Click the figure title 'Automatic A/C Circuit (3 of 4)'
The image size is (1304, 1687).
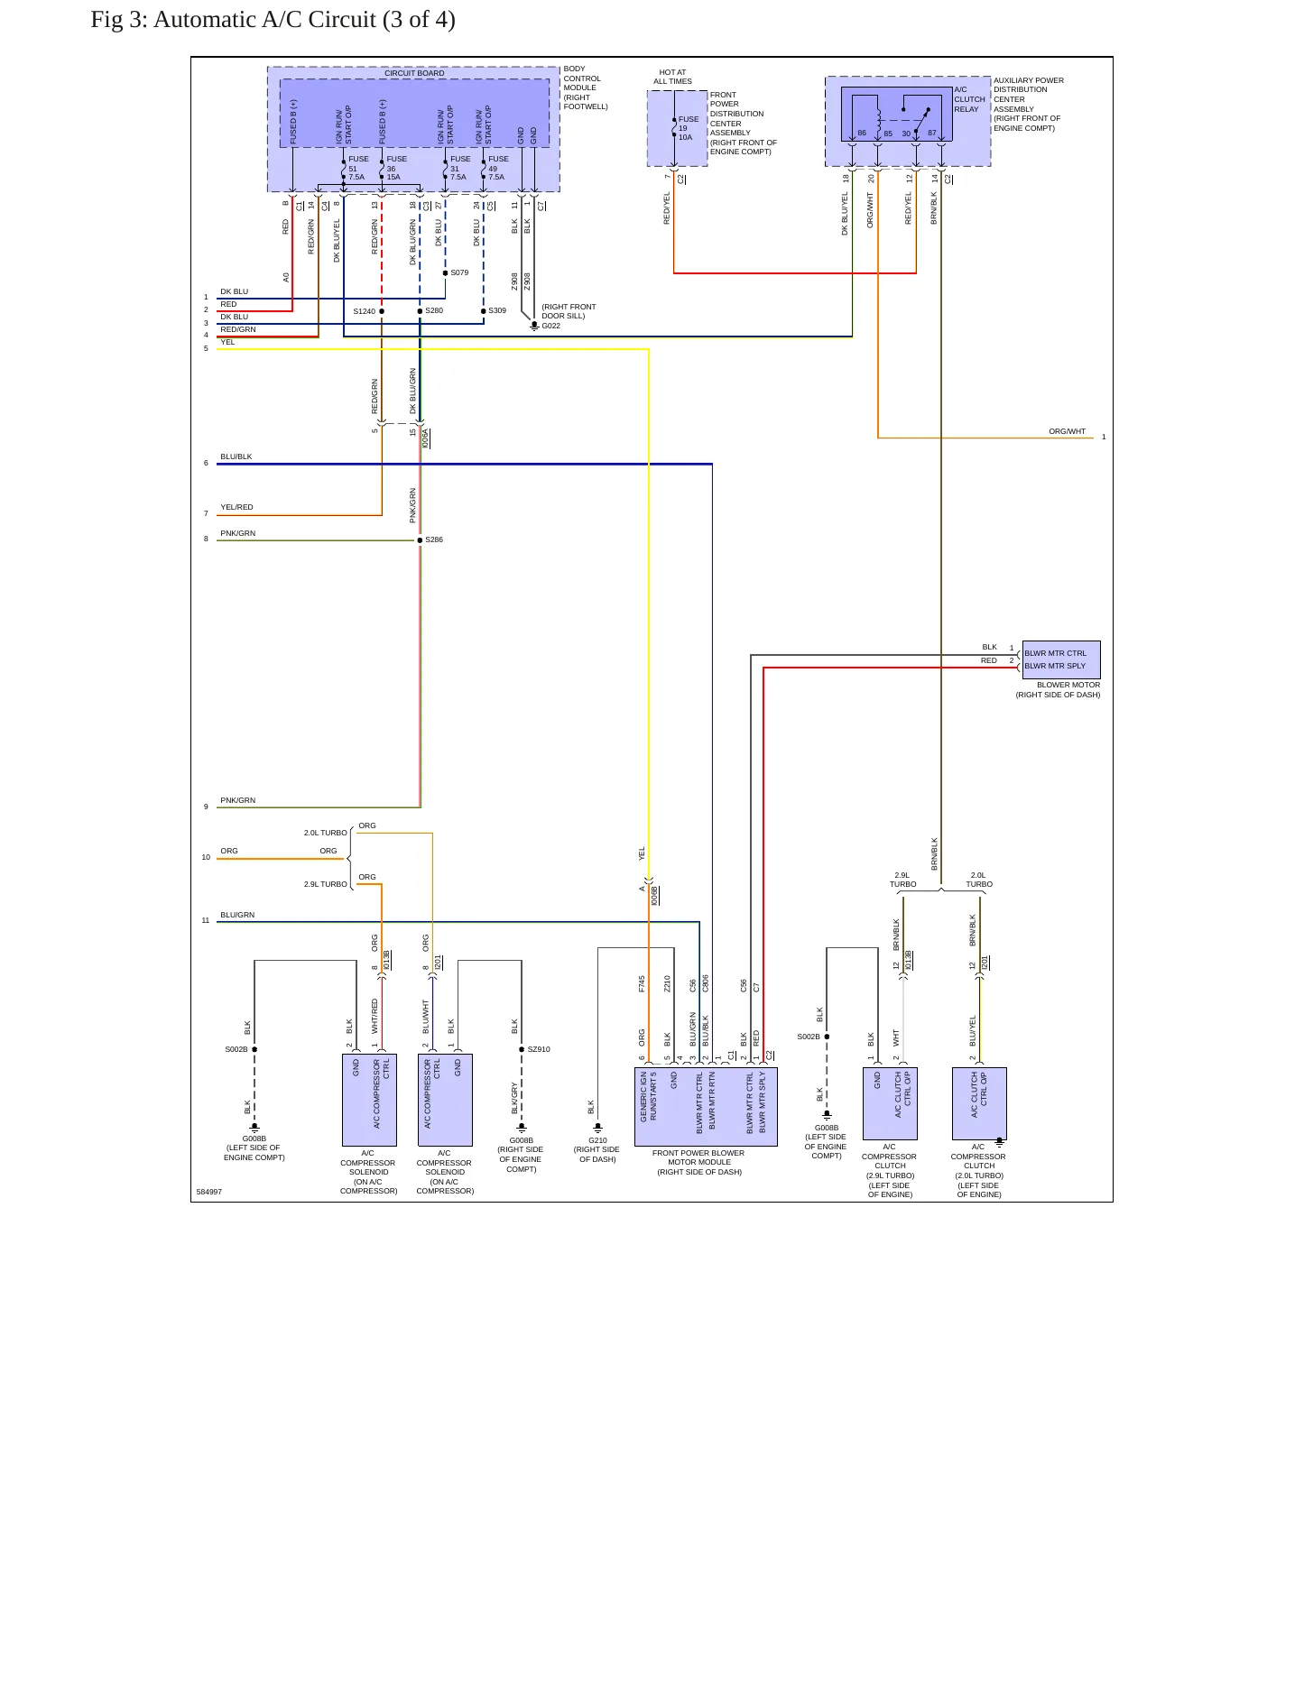click(304, 19)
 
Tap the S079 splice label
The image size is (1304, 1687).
click(459, 272)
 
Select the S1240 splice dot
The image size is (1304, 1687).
click(382, 311)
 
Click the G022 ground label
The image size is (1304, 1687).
click(550, 326)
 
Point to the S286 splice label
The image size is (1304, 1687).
click(434, 539)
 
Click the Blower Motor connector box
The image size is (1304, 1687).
click(1061, 659)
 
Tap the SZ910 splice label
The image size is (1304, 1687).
click(539, 1049)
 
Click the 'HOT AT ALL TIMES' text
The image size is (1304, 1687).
click(673, 77)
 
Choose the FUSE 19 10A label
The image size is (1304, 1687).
click(688, 128)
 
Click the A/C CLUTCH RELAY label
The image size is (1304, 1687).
click(969, 99)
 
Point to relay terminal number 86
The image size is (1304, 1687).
click(862, 133)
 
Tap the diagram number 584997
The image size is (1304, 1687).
click(209, 1192)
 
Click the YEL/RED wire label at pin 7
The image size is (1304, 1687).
click(236, 507)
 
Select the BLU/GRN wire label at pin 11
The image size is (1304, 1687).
click(237, 915)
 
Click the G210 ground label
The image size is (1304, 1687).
click(597, 1140)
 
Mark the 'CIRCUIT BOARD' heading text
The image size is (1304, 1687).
click(414, 73)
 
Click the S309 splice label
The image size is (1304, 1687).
click(497, 310)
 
